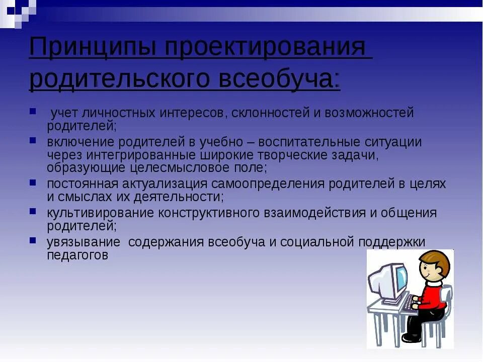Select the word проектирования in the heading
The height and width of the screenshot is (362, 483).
[267, 48]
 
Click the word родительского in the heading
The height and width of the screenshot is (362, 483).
[119, 79]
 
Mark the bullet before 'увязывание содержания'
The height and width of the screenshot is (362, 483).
[33, 240]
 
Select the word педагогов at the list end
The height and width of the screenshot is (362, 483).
[77, 255]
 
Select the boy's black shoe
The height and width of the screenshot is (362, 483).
[411, 338]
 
